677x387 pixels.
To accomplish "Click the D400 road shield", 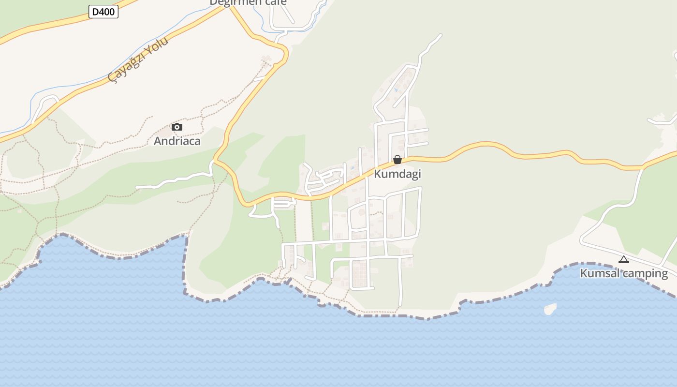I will coord(103,12).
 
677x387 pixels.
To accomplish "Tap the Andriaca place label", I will coord(177,141).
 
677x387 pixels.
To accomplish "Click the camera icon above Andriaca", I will coord(177,127).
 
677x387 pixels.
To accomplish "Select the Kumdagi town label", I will coord(397,174).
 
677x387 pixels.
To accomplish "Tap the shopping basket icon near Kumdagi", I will coord(397,160).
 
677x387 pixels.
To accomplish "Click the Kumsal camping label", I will coord(624,273).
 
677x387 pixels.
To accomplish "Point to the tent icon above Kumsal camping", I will coord(624,260).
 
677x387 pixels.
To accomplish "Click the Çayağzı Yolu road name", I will coord(138,59).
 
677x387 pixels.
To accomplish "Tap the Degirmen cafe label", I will coord(248,2).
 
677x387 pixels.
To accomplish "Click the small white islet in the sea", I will coord(550,309).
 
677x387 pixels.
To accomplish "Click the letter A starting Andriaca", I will coord(157,141).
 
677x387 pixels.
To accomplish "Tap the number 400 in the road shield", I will coord(107,12).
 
